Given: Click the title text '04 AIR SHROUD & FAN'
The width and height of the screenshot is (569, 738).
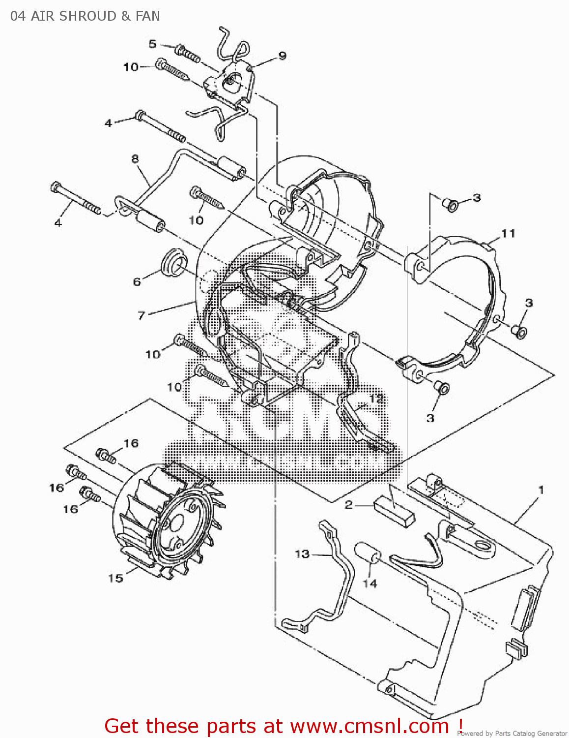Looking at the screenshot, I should pyautogui.click(x=85, y=16).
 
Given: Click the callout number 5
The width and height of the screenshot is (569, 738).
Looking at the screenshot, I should pyautogui.click(x=152, y=44).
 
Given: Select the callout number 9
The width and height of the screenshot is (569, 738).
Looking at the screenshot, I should pyautogui.click(x=282, y=56).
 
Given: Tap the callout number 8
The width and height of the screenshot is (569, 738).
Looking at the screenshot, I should pyautogui.click(x=135, y=158).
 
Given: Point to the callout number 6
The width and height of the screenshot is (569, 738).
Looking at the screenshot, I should pyautogui.click(x=137, y=281).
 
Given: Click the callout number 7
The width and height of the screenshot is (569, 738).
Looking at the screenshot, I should pyautogui.click(x=142, y=315).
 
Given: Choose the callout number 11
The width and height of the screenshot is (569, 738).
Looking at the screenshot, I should pyautogui.click(x=508, y=233).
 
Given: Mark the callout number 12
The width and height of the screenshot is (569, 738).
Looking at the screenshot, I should pyautogui.click(x=376, y=398).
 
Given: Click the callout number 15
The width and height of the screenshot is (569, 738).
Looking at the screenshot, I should pyautogui.click(x=116, y=578).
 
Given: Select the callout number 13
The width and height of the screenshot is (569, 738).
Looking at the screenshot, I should pyautogui.click(x=302, y=554).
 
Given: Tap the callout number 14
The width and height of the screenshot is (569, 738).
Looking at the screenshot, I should pyautogui.click(x=370, y=584).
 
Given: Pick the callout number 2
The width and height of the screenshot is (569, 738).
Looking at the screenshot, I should pyautogui.click(x=348, y=505).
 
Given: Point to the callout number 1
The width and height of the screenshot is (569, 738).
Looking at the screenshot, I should pyautogui.click(x=541, y=490).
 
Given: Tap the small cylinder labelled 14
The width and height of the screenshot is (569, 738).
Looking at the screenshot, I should pyautogui.click(x=368, y=553).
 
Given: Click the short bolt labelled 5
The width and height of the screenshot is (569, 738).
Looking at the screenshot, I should pyautogui.click(x=188, y=53).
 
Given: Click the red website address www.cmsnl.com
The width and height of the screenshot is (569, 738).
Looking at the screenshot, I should pyautogui.click(x=370, y=726).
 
